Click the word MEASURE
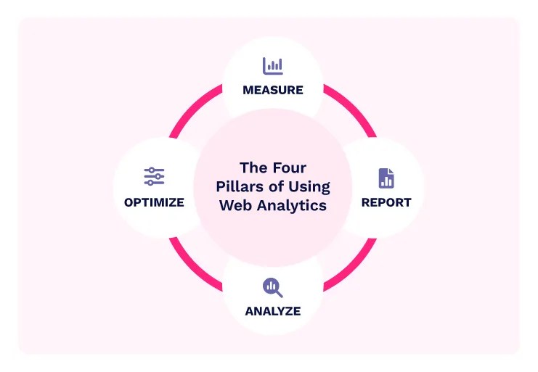tap(272, 91)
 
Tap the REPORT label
tap(386, 202)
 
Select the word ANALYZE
tap(272, 312)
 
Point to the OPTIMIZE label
tap(154, 202)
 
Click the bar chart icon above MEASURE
tap(272, 66)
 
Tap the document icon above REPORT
tap(386, 178)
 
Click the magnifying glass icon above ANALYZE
tap(272, 288)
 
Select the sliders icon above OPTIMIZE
tap(154, 177)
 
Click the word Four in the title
tap(290, 168)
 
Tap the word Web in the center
tap(235, 205)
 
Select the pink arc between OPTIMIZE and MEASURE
tap(193, 109)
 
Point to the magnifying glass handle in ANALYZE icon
tap(279, 294)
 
